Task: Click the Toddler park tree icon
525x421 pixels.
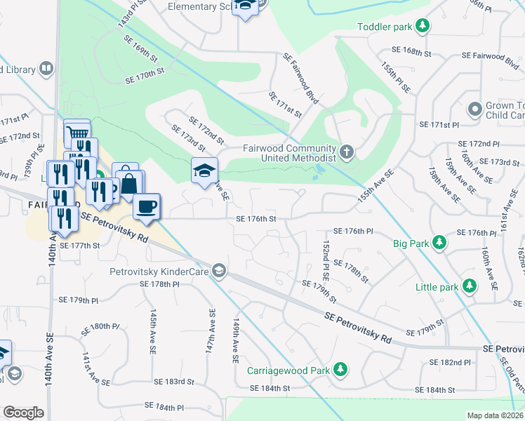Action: [x=422, y=27]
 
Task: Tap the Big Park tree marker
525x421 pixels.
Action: [x=439, y=243]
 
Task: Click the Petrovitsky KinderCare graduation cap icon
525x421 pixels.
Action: [x=219, y=270]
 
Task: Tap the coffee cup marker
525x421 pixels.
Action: [x=147, y=207]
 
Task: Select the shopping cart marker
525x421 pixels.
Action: [x=77, y=133]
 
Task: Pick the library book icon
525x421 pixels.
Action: [x=46, y=69]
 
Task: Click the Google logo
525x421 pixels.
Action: [x=23, y=412]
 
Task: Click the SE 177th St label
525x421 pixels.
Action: [x=81, y=246]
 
